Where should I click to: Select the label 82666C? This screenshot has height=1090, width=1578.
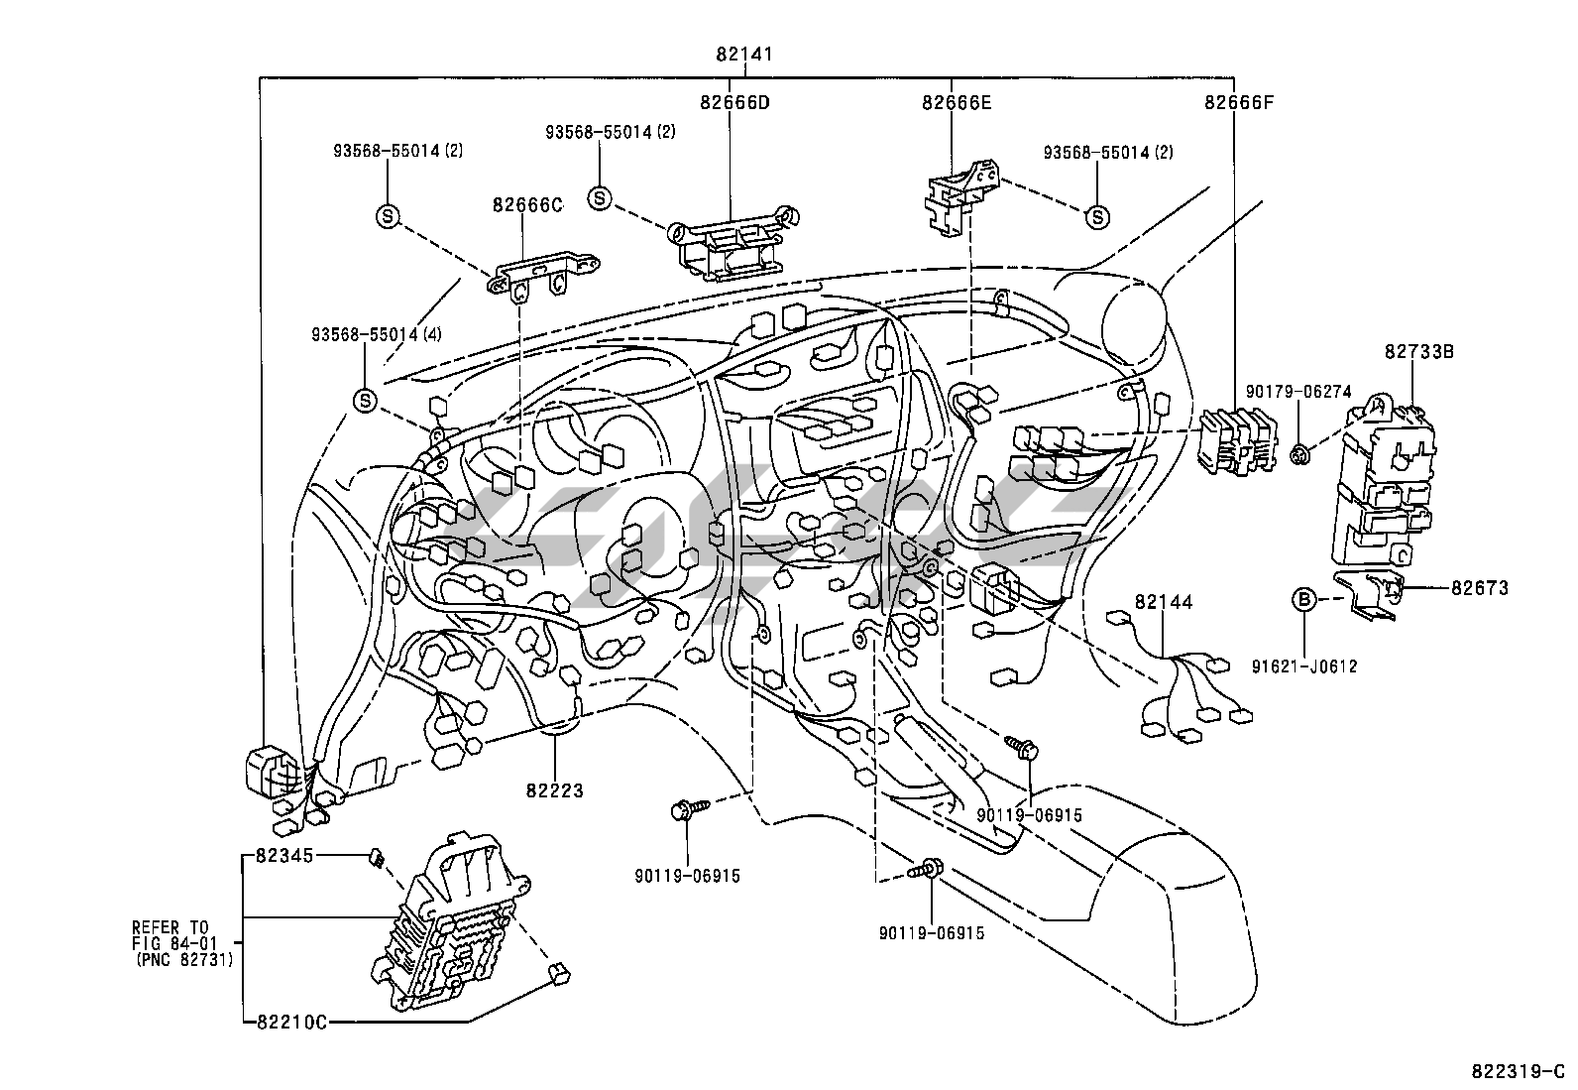point(526,205)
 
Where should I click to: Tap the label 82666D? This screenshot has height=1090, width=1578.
point(733,101)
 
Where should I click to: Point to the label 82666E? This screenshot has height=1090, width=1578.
point(956,101)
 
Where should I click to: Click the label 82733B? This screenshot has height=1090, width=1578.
point(1419,351)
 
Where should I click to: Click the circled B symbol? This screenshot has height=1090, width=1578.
point(1305,599)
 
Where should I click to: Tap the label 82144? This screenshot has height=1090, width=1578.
point(1164,602)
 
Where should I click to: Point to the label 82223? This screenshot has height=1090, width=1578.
point(555,790)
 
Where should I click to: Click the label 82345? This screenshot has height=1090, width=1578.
point(283,855)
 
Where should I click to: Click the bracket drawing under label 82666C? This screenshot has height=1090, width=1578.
point(543,273)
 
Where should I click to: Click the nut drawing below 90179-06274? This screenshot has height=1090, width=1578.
point(1300,455)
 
